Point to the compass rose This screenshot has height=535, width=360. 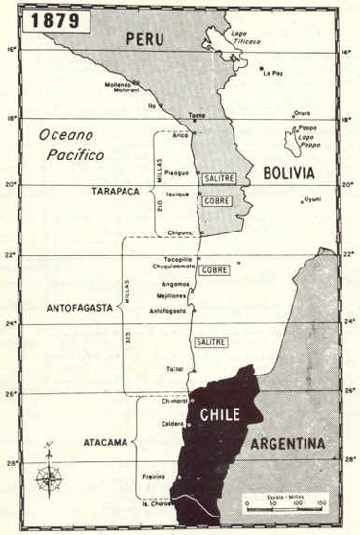tap(48, 476)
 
